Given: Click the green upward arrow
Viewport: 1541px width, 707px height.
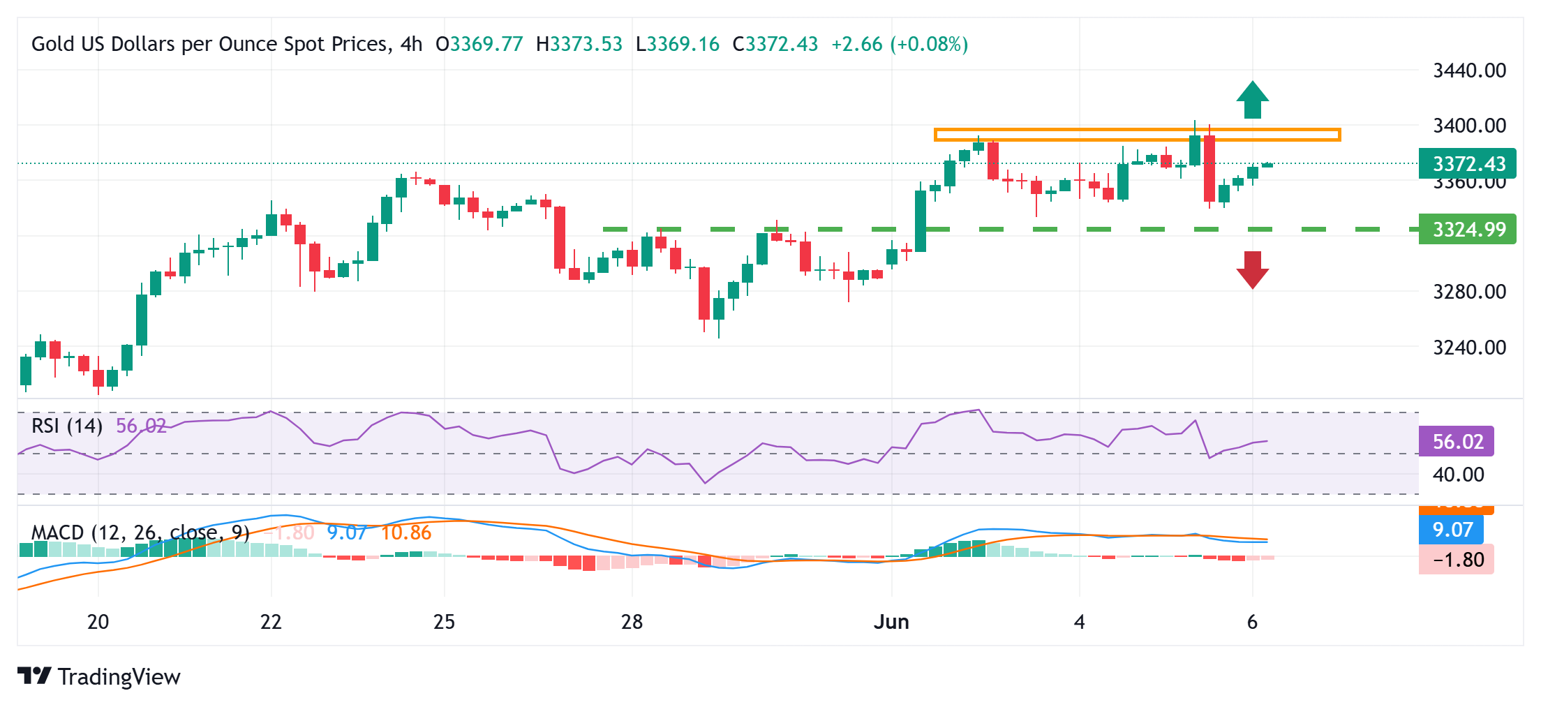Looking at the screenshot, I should tap(1252, 100).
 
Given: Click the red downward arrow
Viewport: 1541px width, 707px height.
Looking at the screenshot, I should tap(1252, 270).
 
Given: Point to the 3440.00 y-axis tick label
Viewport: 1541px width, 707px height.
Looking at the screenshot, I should tap(1469, 70).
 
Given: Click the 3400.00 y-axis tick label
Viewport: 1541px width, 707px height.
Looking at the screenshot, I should tap(1469, 126).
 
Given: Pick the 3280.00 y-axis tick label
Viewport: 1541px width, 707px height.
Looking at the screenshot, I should tap(1469, 292).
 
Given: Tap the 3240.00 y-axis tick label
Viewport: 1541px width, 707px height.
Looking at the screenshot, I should tap(1469, 347).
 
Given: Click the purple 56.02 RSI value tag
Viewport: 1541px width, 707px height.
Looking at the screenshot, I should tap(1457, 441).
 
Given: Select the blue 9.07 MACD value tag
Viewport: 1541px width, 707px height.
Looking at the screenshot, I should tap(1452, 530).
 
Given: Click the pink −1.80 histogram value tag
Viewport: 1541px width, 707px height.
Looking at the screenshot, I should tap(1457, 560).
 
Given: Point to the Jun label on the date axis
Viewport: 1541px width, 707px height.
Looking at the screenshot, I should tap(891, 622).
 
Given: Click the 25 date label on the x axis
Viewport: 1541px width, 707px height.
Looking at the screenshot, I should tap(444, 622).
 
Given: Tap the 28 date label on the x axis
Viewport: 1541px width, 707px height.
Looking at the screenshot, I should tap(632, 622).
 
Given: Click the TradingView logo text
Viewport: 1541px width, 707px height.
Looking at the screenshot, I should tap(119, 676).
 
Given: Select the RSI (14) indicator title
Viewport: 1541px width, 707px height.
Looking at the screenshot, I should tap(67, 425).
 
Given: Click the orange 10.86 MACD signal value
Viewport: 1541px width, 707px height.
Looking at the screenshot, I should tap(406, 533).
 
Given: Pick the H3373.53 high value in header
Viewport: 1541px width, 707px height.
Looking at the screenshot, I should tap(579, 44).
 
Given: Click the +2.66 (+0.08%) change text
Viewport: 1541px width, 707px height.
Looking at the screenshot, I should tap(900, 44).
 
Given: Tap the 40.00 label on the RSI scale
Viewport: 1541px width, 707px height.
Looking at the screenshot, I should tap(1458, 475).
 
